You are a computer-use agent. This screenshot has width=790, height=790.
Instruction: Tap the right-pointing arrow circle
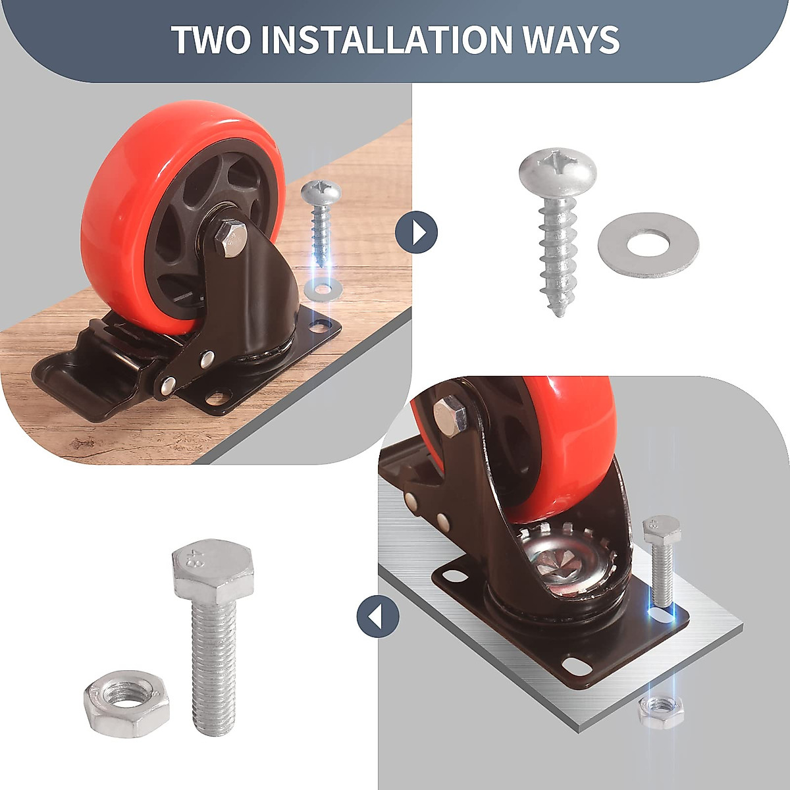pyautogui.click(x=417, y=232)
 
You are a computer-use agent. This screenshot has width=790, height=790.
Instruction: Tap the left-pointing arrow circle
pyautogui.click(x=378, y=617)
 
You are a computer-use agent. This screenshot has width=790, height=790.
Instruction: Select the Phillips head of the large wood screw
pyautogui.click(x=558, y=168)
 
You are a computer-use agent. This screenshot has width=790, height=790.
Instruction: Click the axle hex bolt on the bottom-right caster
pyautogui.click(x=451, y=417)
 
